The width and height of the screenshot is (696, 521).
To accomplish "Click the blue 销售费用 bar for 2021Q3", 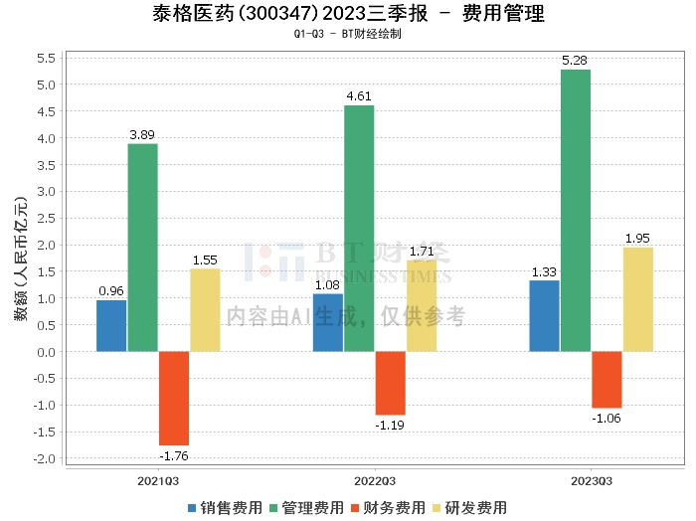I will tap(111, 325).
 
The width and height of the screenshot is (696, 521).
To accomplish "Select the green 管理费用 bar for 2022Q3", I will tap(359, 228).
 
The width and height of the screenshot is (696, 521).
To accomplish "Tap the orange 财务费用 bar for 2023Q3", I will tap(607, 380).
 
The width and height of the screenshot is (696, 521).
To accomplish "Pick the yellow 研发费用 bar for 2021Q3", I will tap(205, 310).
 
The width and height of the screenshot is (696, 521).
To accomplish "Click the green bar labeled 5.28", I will tap(576, 210).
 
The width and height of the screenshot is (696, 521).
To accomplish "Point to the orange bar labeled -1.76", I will tap(174, 398).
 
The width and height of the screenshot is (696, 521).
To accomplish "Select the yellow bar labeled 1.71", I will tap(422, 305).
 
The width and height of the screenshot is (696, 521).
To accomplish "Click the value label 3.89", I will tap(142, 134).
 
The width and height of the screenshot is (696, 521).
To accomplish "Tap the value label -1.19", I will tap(391, 425).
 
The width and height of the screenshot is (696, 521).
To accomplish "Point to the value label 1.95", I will tap(638, 238).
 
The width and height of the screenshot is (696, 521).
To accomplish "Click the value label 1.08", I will tap(328, 284).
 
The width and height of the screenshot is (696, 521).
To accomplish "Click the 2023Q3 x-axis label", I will tap(592, 480).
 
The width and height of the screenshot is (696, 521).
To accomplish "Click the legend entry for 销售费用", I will tap(225, 507).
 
